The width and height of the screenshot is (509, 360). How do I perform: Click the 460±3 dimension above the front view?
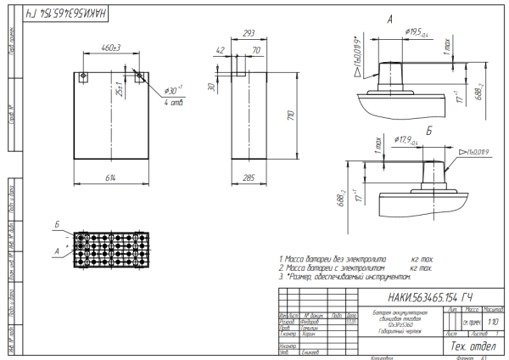(109, 48)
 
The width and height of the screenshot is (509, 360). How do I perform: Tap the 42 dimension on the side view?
(221, 50)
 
